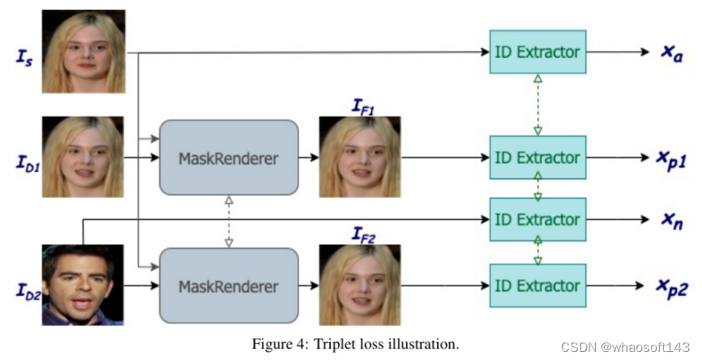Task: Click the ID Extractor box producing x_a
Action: pyautogui.click(x=537, y=52)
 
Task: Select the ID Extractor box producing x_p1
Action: pyautogui.click(x=537, y=157)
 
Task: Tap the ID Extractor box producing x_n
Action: pyautogui.click(x=537, y=219)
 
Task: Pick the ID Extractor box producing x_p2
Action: pyautogui.click(x=537, y=285)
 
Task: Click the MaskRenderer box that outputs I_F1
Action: pyautogui.click(x=229, y=157)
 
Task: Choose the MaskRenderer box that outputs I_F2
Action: pyautogui.click(x=229, y=286)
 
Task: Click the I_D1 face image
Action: pyautogui.click(x=83, y=157)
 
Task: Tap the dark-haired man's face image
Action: pyautogui.click(x=83, y=285)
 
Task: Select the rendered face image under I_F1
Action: pyautogui.click(x=360, y=157)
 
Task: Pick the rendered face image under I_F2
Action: pyautogui.click(x=360, y=286)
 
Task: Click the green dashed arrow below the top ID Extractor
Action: pyautogui.click(x=537, y=105)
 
